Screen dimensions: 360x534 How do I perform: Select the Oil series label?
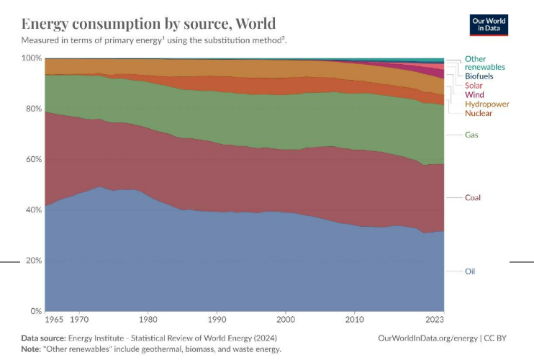point(470,271)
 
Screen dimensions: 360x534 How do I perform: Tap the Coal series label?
point(473,197)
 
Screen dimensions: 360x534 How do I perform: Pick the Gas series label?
point(472,135)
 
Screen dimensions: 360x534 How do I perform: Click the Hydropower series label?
point(487,104)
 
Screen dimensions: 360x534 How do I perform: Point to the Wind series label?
point(474,95)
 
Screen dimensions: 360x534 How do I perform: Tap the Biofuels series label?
point(479,76)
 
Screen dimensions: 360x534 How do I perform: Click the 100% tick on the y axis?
point(32,58)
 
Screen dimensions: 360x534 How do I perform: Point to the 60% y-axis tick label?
point(34,159)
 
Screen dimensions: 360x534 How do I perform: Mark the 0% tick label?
point(36,311)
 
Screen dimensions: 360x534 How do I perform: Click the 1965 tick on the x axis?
point(54,318)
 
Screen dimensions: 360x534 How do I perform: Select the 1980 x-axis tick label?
point(148,318)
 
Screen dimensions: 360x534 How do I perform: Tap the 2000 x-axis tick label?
point(286,318)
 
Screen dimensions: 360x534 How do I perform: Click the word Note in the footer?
point(32,349)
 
